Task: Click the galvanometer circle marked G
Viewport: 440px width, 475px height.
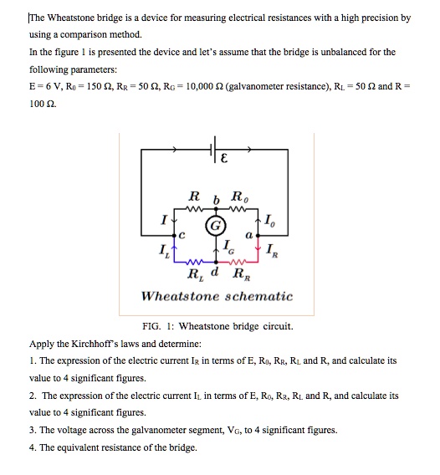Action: [x=215, y=225]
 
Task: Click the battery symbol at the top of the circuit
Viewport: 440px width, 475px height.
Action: [x=214, y=151]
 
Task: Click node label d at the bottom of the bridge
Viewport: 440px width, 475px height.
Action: [x=216, y=273]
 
